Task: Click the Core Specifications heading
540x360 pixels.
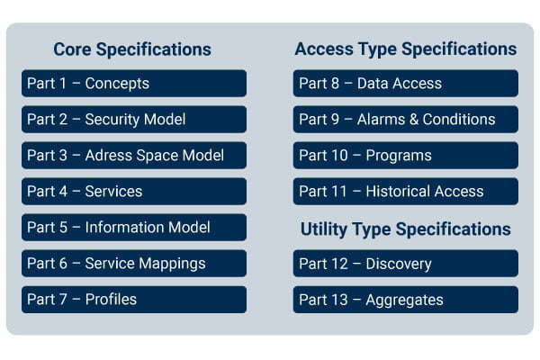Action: (132, 49)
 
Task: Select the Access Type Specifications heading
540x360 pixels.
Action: (406, 49)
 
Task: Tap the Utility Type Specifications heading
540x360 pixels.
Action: (406, 229)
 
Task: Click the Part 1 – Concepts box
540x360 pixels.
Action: (134, 84)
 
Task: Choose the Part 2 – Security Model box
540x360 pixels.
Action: (134, 119)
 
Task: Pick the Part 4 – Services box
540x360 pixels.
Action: (134, 191)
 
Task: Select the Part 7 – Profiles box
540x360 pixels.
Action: (134, 300)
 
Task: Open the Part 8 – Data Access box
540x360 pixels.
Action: (406, 84)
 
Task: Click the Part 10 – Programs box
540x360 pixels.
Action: (406, 156)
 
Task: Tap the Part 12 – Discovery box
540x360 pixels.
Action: (406, 264)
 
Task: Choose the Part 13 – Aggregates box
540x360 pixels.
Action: (406, 300)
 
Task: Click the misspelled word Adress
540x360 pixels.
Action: (109, 156)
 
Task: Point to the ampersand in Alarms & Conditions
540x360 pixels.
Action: (414, 119)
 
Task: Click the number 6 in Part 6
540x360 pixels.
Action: (63, 264)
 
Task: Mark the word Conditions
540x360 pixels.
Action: (459, 119)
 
